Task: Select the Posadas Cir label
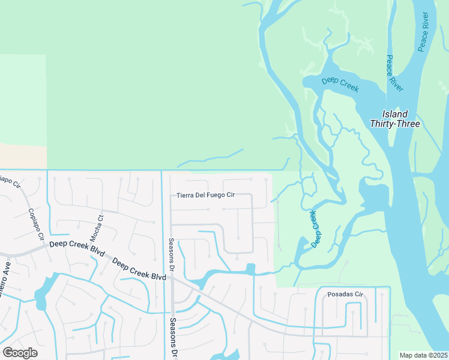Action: click(346, 295)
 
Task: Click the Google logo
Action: click(20, 352)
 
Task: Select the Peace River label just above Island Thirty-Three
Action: click(395, 73)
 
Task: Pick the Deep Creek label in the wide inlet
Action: click(340, 85)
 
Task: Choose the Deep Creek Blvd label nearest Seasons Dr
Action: click(139, 270)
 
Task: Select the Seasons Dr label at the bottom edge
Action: click(172, 345)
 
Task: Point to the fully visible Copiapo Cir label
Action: click(36, 224)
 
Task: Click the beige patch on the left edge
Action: click(23, 156)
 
